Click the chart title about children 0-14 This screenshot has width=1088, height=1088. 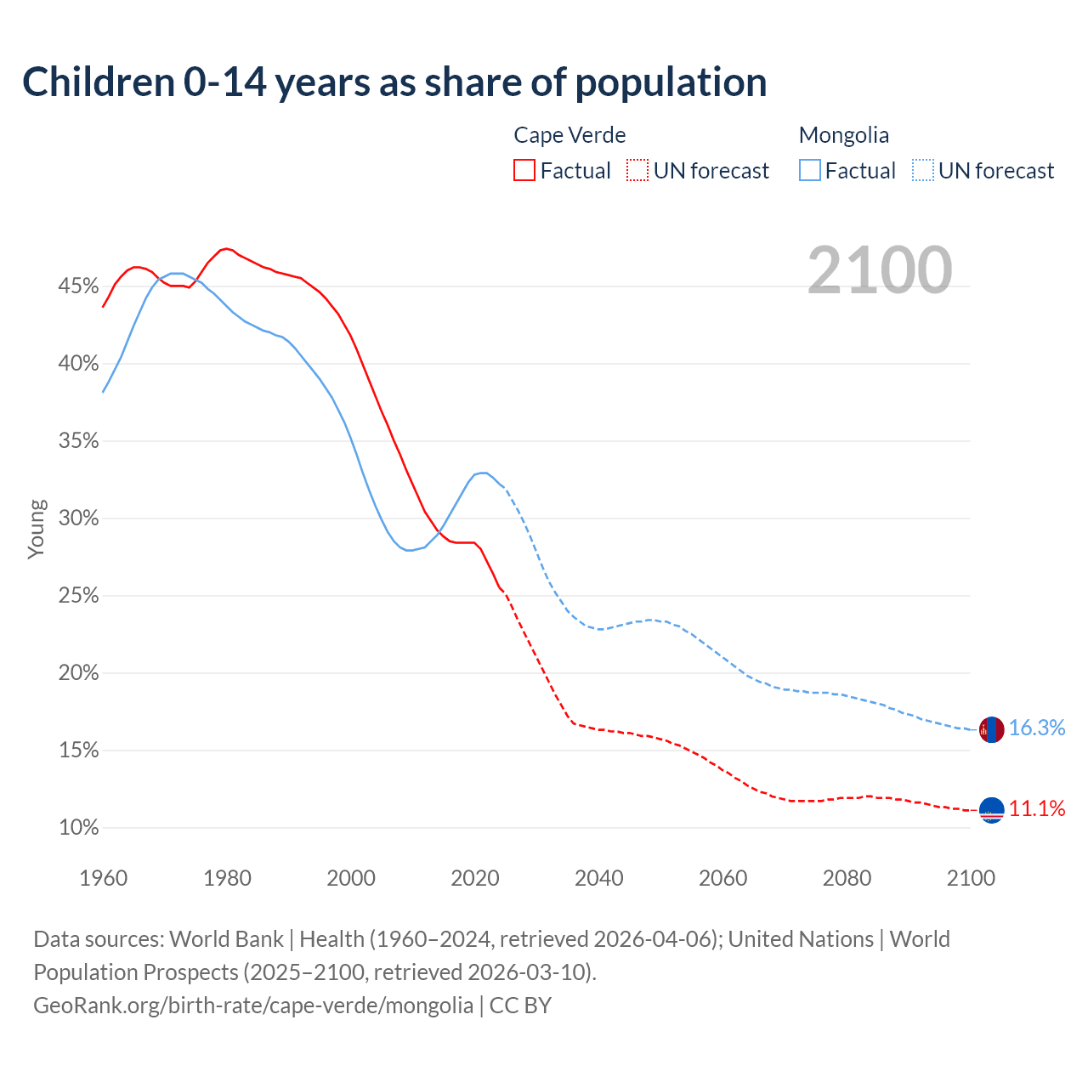pyautogui.click(x=394, y=82)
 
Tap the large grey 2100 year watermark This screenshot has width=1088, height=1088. pyautogui.click(x=880, y=270)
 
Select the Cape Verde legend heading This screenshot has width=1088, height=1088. pyautogui.click(x=569, y=135)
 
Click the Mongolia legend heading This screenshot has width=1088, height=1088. pyautogui.click(x=843, y=135)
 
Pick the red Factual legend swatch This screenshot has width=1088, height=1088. pyautogui.click(x=524, y=170)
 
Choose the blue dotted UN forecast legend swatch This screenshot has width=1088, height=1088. pyautogui.click(x=923, y=170)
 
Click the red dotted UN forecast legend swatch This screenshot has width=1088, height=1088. pyautogui.click(x=637, y=170)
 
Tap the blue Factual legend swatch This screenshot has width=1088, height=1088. pyautogui.click(x=810, y=170)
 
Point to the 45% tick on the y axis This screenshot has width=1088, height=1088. pyautogui.click(x=78, y=286)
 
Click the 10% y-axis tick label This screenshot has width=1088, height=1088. pyautogui.click(x=78, y=828)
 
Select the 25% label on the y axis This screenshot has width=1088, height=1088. pyautogui.click(x=78, y=596)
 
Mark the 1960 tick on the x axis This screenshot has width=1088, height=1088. pyautogui.click(x=103, y=878)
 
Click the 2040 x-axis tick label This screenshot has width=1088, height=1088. pyautogui.click(x=598, y=878)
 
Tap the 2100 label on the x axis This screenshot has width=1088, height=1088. pyautogui.click(x=970, y=878)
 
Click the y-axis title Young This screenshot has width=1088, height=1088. pyautogui.click(x=37, y=529)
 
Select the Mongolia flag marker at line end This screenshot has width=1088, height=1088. pyautogui.click(x=991, y=729)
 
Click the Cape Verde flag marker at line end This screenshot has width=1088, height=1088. pyautogui.click(x=991, y=810)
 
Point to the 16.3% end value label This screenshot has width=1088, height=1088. pyautogui.click(x=1036, y=728)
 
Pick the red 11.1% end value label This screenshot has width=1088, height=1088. pyautogui.click(x=1036, y=808)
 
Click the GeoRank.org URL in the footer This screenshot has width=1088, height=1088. pyautogui.click(x=253, y=1006)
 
